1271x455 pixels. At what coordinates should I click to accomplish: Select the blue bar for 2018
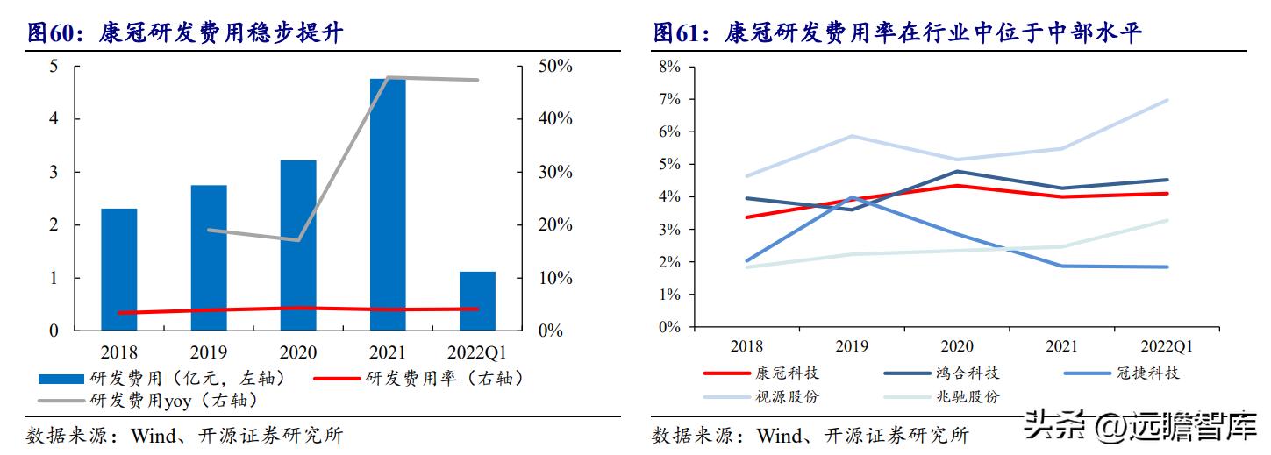[x=119, y=269]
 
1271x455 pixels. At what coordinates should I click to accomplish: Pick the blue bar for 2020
[x=298, y=245]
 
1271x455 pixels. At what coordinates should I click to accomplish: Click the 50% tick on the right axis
[x=554, y=67]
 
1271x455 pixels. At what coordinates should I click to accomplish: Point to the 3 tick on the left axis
[x=54, y=172]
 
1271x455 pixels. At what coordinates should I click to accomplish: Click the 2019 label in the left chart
[x=209, y=352]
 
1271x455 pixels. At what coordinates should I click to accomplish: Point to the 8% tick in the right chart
[x=668, y=67]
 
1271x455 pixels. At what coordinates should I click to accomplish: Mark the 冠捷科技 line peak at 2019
[x=851, y=197]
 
